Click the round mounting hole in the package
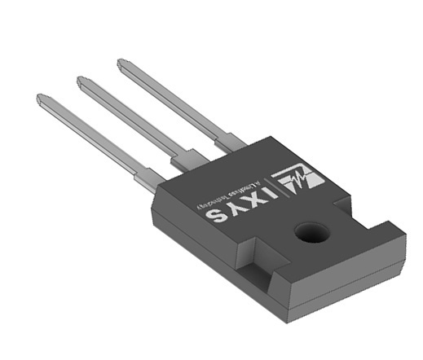[x=311, y=234]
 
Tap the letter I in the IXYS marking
[x=261, y=199]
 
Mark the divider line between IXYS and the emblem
[x=277, y=191]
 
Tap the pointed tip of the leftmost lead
[x=41, y=99]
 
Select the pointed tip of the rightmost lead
[x=121, y=62]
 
